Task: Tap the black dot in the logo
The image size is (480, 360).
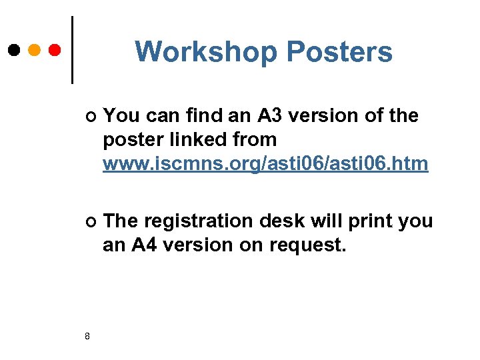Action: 14,50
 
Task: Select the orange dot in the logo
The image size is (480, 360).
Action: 35,50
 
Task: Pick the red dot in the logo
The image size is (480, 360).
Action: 55,50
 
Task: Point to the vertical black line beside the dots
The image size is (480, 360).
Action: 72,50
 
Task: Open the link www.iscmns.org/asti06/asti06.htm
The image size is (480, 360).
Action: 265,164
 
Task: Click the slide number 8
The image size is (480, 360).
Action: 87,335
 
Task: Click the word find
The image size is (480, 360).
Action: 203,116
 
